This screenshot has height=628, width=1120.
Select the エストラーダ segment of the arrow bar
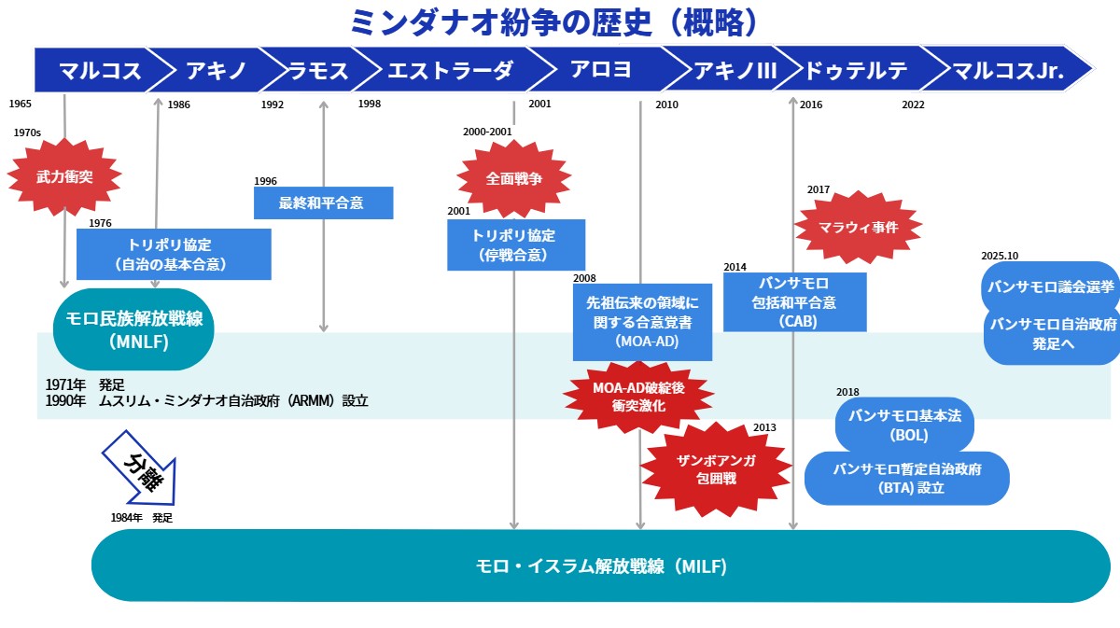coord(449,70)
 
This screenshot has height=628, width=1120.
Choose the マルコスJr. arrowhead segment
coord(1009,70)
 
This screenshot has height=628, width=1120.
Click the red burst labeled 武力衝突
coord(64,175)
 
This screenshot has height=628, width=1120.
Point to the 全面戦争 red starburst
coord(514,178)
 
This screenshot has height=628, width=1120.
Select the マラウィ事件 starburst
coord(858,226)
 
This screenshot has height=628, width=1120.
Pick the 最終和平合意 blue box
coord(323,202)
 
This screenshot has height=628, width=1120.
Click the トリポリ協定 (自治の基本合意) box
coord(174,254)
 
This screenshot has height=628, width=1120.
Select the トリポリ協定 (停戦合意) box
coord(515,244)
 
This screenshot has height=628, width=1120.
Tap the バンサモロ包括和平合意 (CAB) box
coord(794,301)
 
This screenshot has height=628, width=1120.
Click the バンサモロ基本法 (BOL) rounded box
coord(903,425)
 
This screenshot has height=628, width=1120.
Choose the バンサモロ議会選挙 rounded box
coord(1051,286)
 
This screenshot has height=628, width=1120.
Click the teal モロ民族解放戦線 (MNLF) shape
coord(134,329)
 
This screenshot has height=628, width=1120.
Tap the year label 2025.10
coord(1000,256)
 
